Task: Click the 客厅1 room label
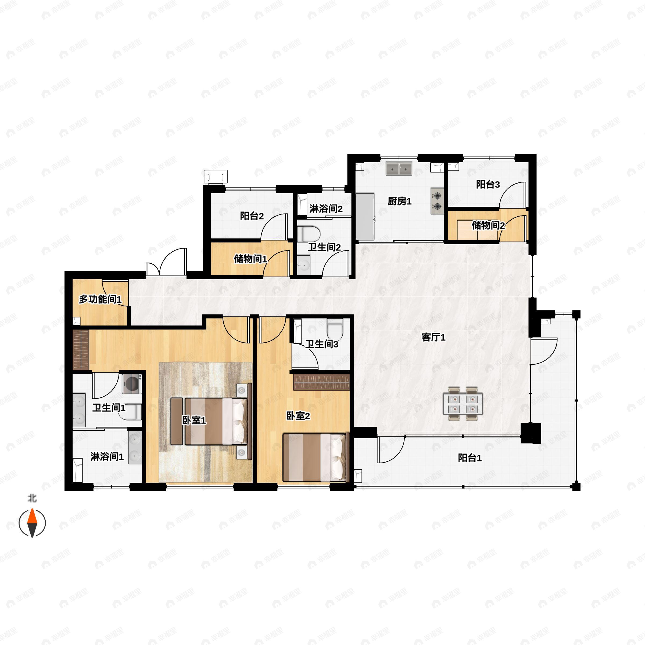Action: click(x=433, y=337)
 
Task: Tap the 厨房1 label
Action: click(x=399, y=201)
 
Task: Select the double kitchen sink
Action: click(x=399, y=169)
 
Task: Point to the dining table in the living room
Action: click(x=463, y=404)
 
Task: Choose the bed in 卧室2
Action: click(x=314, y=457)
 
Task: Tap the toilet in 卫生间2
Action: click(x=309, y=234)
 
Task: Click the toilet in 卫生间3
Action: click(x=335, y=329)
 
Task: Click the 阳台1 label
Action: click(x=470, y=458)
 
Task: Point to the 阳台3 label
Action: click(x=488, y=184)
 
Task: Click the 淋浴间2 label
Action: click(x=325, y=209)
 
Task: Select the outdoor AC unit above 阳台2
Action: click(x=216, y=176)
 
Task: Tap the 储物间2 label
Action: click(x=488, y=225)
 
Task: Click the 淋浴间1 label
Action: click(x=107, y=457)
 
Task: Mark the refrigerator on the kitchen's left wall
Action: click(x=365, y=216)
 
